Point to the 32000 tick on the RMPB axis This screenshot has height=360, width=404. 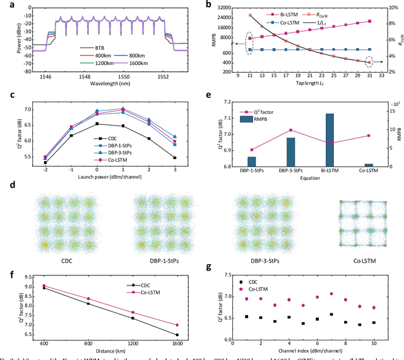tap(222, 8)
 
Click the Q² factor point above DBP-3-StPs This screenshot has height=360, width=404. tap(290, 130)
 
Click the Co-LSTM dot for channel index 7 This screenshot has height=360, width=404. tap(331, 294)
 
